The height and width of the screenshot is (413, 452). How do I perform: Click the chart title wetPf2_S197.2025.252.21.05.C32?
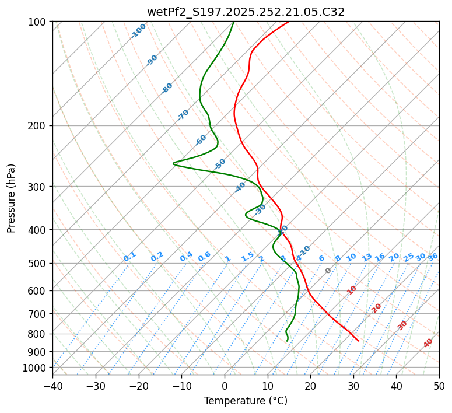tap(246, 12)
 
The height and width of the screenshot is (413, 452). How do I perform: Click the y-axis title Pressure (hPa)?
tap(12, 198)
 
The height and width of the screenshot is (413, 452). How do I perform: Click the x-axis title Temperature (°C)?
tap(246, 401)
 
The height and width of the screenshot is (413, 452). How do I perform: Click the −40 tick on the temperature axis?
tap(52, 386)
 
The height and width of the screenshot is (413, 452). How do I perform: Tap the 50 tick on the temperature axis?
tap(439, 386)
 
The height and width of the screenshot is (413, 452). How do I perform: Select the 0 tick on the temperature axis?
tap(225, 386)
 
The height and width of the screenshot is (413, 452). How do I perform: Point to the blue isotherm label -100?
tap(138, 31)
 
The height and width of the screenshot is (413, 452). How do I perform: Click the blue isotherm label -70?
tap(184, 115)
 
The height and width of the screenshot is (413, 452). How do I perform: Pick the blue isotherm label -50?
tap(220, 164)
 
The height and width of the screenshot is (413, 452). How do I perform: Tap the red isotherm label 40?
tap(428, 343)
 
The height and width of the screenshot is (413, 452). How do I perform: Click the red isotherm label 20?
tap(377, 307)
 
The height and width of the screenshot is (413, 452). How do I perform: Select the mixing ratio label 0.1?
tap(129, 257)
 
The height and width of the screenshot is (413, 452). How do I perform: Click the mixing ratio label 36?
tap(433, 257)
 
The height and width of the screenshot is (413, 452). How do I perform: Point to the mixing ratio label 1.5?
tap(247, 257)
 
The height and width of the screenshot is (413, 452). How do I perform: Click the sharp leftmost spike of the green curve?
tap(174, 164)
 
